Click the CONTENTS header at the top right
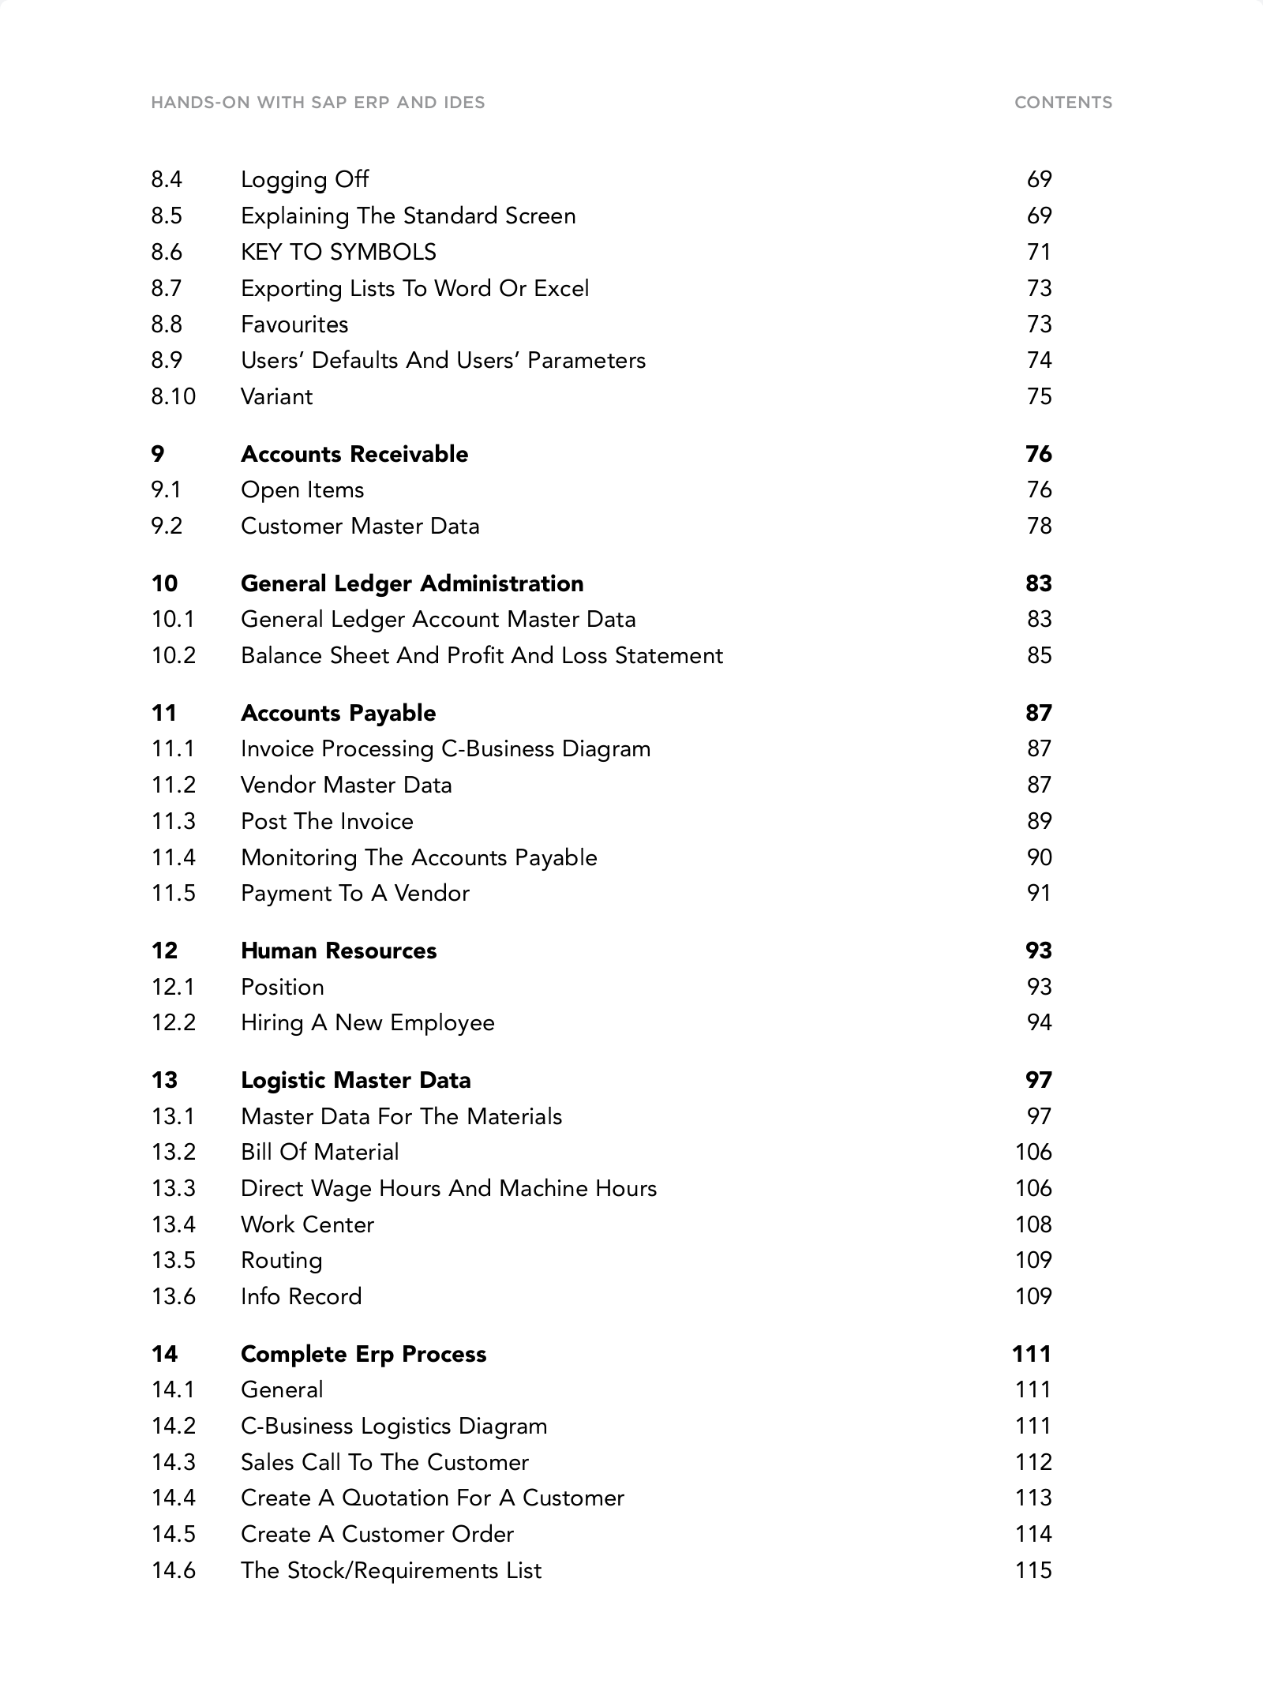pyautogui.click(x=1062, y=103)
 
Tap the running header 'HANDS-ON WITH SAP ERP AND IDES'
pyautogui.click(x=317, y=103)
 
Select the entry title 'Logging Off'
pyautogui.click(x=304, y=180)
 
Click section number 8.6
pyautogui.click(x=167, y=253)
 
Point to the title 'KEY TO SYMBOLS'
pyautogui.click(x=338, y=253)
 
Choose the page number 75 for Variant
pyautogui.click(x=1039, y=396)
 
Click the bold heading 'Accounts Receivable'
pyautogui.click(x=354, y=454)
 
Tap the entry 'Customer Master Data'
pyautogui.click(x=359, y=527)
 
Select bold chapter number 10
pyautogui.click(x=164, y=583)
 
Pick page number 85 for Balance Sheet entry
pyautogui.click(x=1039, y=656)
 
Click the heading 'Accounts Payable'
pyautogui.click(x=338, y=713)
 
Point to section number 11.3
pyautogui.click(x=173, y=821)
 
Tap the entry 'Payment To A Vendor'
pyautogui.click(x=354, y=894)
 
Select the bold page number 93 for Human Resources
pyautogui.click(x=1038, y=950)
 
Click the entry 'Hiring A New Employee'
pyautogui.click(x=367, y=1023)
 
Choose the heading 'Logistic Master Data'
pyautogui.click(x=355, y=1080)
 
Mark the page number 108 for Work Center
pyautogui.click(x=1033, y=1224)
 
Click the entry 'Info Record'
pyautogui.click(x=301, y=1296)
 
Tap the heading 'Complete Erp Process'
pyautogui.click(x=363, y=1354)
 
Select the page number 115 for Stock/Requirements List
pyautogui.click(x=1033, y=1570)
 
